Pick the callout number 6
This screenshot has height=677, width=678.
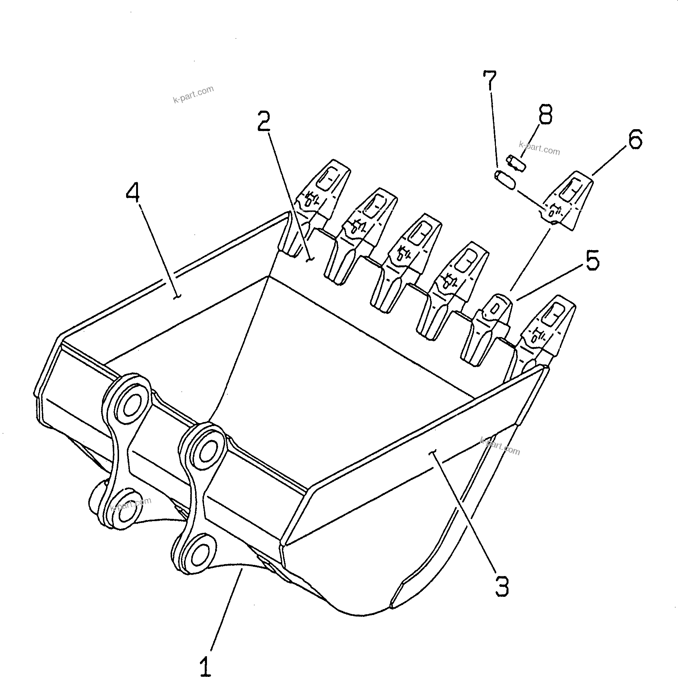(x=635, y=140)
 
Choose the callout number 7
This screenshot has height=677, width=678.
(x=489, y=80)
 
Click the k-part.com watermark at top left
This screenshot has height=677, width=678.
(x=193, y=94)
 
